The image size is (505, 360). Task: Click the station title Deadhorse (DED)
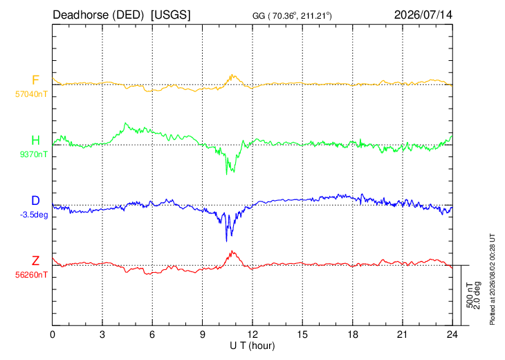tap(98, 15)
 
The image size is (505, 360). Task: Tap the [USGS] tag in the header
tap(171, 15)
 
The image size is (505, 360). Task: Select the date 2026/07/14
tap(423, 15)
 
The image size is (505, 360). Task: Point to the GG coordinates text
tap(292, 16)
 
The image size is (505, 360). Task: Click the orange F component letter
tap(35, 80)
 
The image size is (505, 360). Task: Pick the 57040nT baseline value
tap(31, 94)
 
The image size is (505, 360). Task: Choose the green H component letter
tap(35, 141)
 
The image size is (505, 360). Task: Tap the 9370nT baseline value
tap(33, 154)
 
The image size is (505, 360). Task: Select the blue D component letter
tap(35, 201)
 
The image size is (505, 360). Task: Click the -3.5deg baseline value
tap(34, 215)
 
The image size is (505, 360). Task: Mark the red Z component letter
tap(35, 261)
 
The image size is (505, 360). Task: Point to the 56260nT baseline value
tap(31, 275)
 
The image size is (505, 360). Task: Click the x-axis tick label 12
tap(252, 335)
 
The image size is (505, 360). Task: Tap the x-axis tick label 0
tap(53, 335)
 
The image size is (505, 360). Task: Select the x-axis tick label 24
tap(452, 335)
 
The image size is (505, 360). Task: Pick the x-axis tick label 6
tap(152, 335)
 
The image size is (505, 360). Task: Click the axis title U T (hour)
tap(252, 346)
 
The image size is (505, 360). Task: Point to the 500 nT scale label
tap(470, 296)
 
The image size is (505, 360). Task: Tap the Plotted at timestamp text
tap(492, 279)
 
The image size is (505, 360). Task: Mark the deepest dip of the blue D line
tap(226, 241)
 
